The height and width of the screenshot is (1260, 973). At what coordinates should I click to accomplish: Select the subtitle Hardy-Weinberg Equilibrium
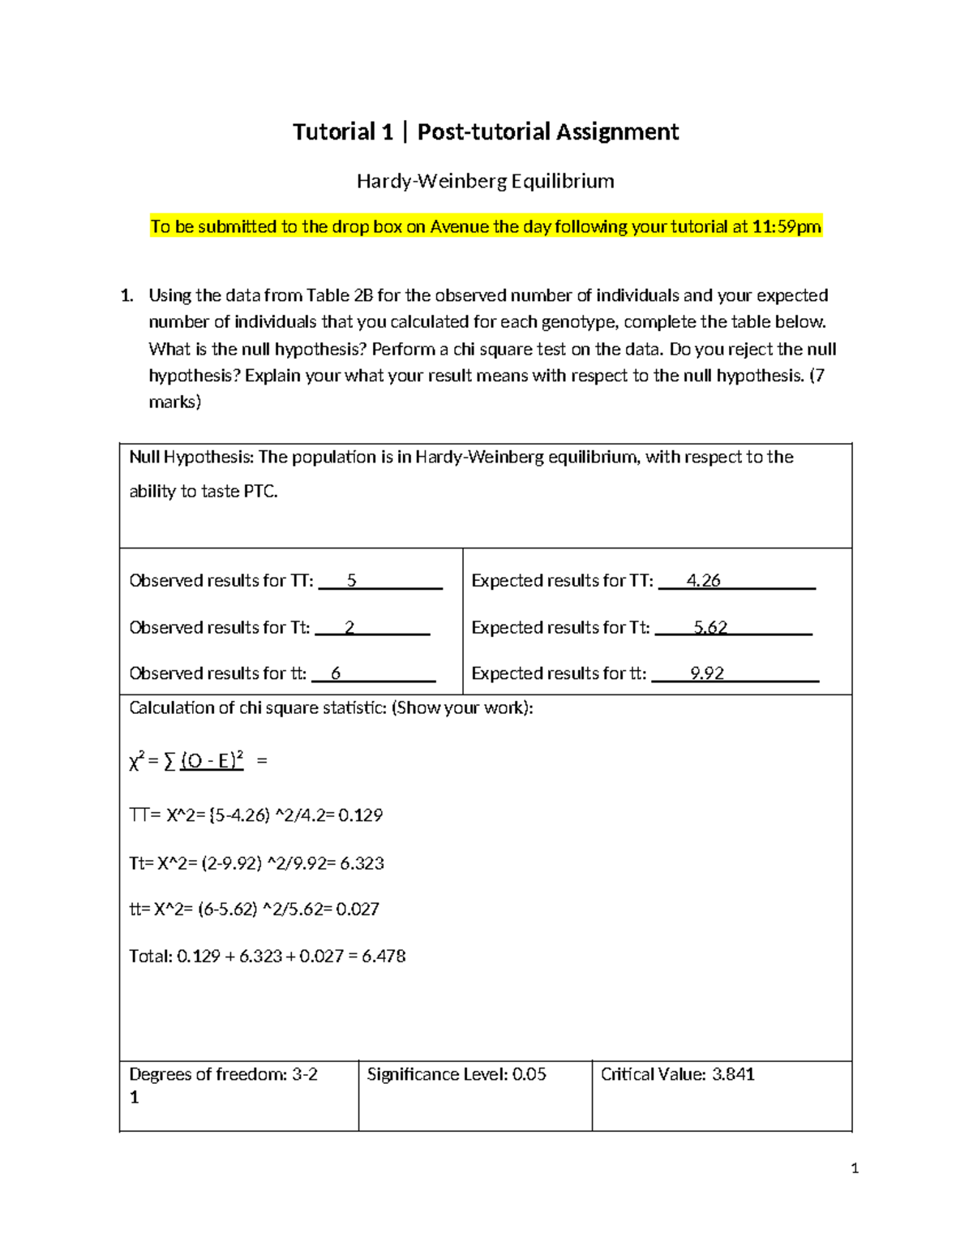tap(486, 181)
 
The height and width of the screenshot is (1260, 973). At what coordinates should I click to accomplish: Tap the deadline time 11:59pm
tap(787, 226)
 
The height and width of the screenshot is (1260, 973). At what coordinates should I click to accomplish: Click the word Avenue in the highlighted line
tap(459, 226)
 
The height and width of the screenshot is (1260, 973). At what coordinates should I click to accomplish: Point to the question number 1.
tap(126, 295)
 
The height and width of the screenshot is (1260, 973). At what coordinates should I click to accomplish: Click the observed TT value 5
tap(351, 581)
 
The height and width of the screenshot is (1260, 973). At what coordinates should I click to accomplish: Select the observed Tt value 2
tap(349, 628)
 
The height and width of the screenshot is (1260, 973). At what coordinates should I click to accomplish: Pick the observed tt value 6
tap(336, 673)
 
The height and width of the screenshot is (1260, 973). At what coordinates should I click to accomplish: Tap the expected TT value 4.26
tap(703, 581)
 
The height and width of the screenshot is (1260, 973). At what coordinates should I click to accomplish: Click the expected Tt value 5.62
tap(710, 628)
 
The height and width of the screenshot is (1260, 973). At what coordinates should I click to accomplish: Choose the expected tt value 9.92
tap(707, 673)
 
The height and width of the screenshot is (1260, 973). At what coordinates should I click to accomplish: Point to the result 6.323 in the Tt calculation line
tap(362, 863)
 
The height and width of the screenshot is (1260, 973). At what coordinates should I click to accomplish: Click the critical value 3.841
tap(733, 1074)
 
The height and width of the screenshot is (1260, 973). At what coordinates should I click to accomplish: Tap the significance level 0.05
tap(529, 1074)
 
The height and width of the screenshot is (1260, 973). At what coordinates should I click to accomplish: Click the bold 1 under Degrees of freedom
tap(135, 1098)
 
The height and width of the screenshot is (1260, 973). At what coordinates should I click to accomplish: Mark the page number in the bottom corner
tap(855, 1168)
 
